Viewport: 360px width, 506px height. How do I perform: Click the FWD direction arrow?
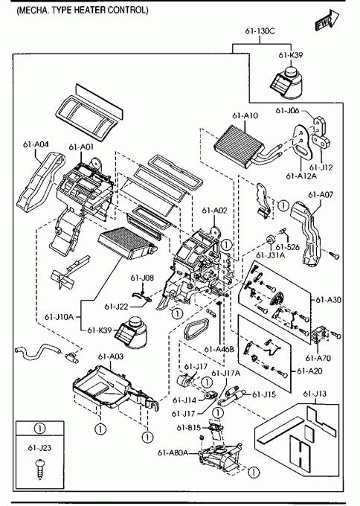[x=327, y=20]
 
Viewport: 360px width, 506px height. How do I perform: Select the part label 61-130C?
[x=260, y=31]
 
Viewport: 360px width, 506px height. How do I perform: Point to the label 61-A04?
[x=36, y=144]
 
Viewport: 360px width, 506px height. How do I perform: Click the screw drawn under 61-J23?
[x=40, y=468]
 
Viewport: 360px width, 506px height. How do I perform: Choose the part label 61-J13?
[x=315, y=394]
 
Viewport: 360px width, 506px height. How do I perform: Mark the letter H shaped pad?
[x=300, y=455]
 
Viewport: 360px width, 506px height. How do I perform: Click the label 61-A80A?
[x=173, y=452]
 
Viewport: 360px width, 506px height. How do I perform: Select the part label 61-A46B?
[x=219, y=349]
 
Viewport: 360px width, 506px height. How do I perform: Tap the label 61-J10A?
[x=59, y=317]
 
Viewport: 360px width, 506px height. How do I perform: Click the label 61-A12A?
[x=301, y=176]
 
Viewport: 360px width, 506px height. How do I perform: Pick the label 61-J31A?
[x=271, y=255]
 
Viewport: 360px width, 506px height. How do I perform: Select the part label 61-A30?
[x=328, y=300]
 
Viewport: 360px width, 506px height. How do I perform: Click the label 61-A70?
[x=318, y=358]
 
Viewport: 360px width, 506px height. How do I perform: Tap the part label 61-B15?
[x=189, y=428]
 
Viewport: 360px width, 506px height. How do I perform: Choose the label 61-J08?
[x=142, y=278]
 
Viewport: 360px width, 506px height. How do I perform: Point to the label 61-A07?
[x=321, y=195]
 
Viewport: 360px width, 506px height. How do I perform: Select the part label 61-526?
[x=288, y=247]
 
